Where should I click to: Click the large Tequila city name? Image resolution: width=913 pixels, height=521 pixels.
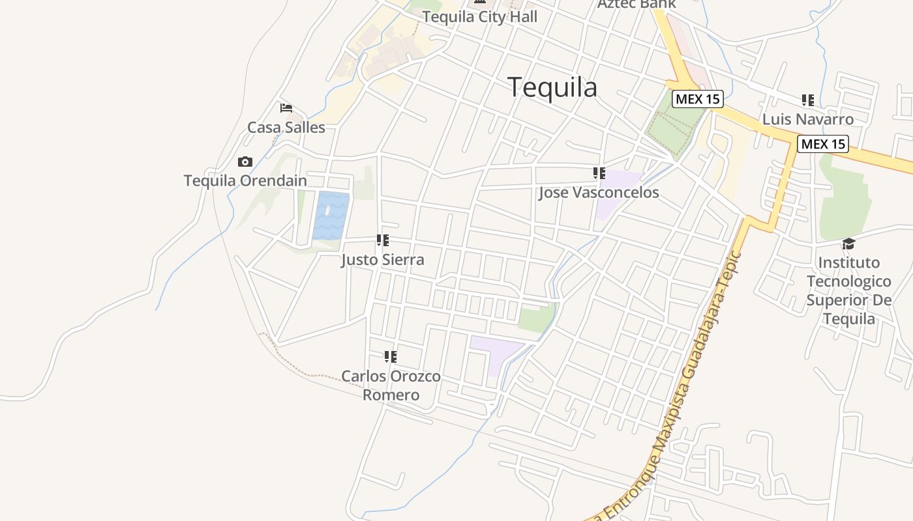552,87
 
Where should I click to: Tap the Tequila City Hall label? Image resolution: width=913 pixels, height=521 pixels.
480,17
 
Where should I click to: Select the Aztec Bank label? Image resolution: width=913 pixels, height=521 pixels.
636,4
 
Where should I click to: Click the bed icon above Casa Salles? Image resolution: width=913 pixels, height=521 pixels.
286,108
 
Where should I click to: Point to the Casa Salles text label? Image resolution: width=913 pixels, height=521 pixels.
286,127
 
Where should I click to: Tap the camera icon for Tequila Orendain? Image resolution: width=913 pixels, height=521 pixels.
245,162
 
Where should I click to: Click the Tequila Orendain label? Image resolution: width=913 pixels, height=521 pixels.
245,180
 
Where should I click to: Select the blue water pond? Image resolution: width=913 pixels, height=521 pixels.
331,216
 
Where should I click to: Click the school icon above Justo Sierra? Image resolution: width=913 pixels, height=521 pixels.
383,240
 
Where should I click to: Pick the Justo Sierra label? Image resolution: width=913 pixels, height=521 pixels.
383,260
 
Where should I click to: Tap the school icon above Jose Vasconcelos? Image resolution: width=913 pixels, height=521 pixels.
599,173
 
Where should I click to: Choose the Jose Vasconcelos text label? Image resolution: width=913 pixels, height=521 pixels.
599,193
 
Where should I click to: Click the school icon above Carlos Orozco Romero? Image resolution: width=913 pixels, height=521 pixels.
390,357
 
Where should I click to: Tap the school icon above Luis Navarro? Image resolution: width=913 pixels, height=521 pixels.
808,100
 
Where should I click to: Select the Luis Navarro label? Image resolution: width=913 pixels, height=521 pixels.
808,119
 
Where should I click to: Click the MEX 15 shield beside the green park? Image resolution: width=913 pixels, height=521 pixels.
698,99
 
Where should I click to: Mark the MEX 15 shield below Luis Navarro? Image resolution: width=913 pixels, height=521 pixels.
823,144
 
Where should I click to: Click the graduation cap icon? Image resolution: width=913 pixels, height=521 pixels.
848,244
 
